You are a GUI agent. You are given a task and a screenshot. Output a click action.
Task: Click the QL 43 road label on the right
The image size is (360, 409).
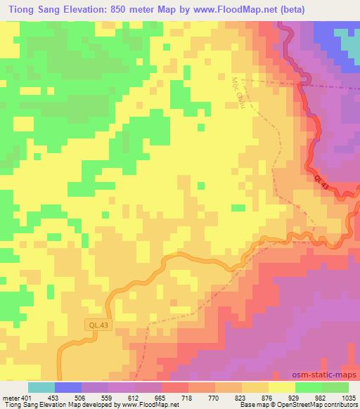tap(321, 182)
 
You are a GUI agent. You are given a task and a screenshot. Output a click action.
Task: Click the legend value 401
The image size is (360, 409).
tap(25, 397)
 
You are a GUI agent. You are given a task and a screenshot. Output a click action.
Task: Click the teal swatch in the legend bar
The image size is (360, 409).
tap(41, 387)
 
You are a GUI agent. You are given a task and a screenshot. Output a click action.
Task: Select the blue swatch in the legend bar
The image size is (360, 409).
tap(68, 387)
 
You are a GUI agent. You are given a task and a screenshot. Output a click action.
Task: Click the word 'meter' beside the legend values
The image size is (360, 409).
tap(9, 397)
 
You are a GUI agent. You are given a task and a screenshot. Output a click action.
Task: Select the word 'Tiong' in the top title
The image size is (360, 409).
tap(21, 8)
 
